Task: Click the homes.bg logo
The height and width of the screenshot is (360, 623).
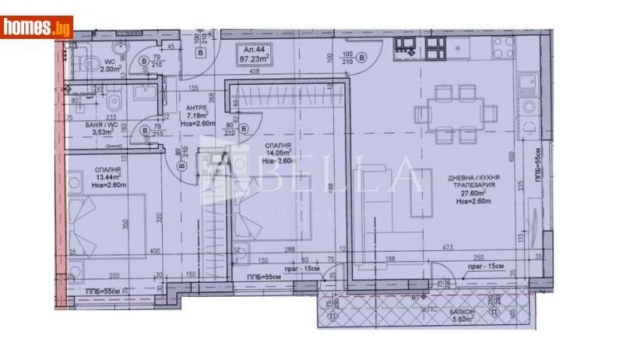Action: (x=37, y=27)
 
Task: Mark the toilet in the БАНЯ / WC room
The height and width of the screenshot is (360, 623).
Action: (x=114, y=101)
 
